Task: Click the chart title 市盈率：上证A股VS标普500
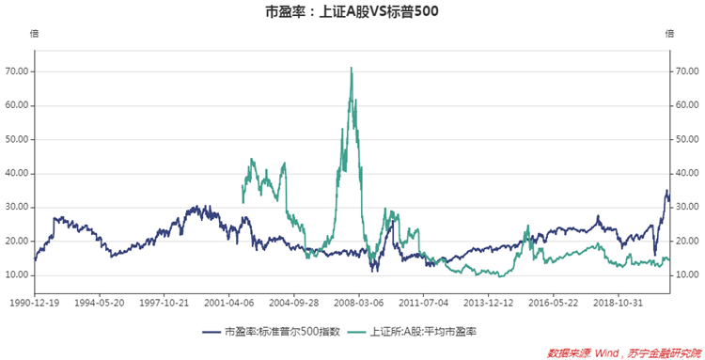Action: click(352, 12)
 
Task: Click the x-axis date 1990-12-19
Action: click(35, 303)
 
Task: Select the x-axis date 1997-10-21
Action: click(164, 303)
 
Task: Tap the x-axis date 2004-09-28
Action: click(295, 303)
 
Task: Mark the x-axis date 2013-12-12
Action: click(489, 303)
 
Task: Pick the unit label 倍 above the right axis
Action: click(669, 34)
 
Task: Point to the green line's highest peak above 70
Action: click(351, 68)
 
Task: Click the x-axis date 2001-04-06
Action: click(229, 303)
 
